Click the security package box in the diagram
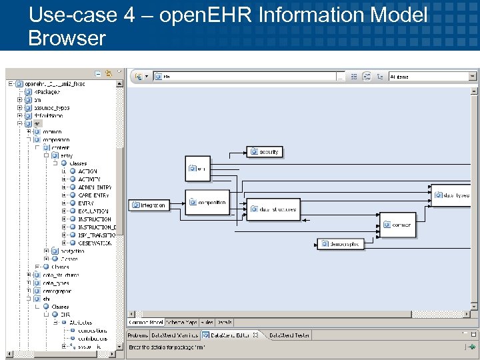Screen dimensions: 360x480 tap(265, 152)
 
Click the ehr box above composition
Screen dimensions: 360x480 tap(197, 169)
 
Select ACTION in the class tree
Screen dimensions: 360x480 tap(87, 171)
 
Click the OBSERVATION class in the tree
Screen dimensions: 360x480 tap(94, 243)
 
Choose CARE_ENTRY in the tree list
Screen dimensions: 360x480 tap(93, 195)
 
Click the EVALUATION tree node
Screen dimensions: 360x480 tap(93, 211)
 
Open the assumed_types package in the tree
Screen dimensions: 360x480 tap(51, 107)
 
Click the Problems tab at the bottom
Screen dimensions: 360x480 tap(137, 335)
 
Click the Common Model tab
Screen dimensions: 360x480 tap(145, 322)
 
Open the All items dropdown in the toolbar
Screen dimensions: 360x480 tap(433, 77)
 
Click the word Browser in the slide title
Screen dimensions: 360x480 tap(67, 38)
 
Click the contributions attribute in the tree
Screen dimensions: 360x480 tap(92, 339)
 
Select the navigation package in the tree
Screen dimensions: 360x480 tap(65, 251)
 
